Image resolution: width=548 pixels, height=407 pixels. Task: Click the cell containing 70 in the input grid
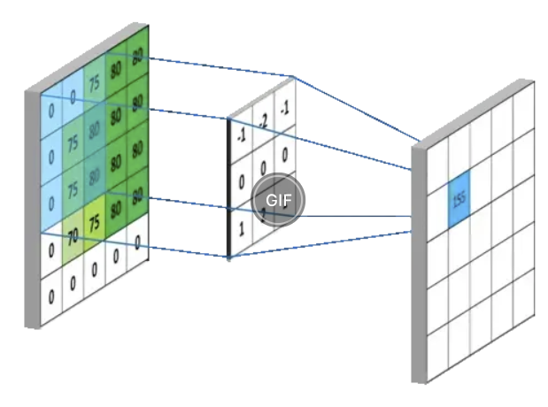(73, 236)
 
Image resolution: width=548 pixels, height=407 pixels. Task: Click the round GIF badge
(278, 198)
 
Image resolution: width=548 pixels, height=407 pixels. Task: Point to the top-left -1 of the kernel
(240, 134)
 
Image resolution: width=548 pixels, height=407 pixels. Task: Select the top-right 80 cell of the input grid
(137, 55)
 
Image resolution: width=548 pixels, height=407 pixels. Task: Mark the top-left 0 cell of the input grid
(50, 112)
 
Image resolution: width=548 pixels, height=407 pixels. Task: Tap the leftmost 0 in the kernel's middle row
(240, 180)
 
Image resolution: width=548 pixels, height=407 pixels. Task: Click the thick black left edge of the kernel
(229, 186)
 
